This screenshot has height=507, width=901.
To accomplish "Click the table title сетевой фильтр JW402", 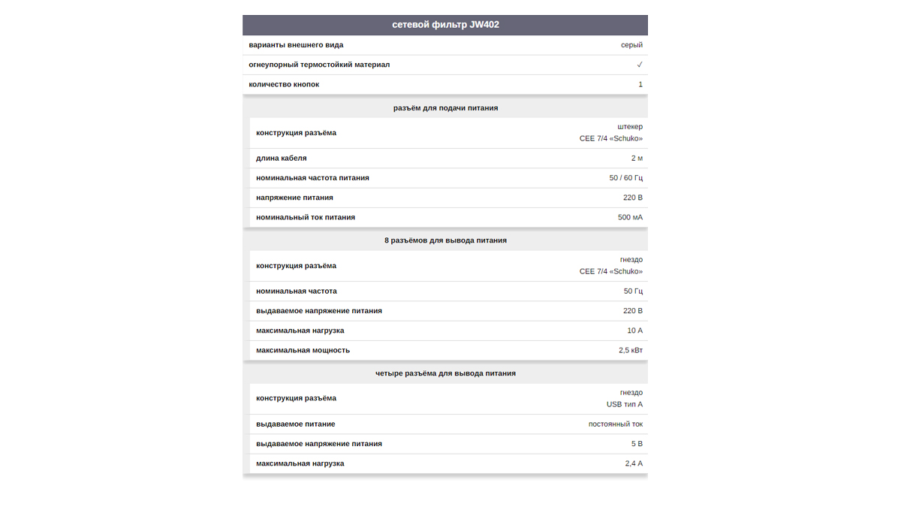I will [x=445, y=25].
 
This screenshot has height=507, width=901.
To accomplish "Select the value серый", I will [x=631, y=45].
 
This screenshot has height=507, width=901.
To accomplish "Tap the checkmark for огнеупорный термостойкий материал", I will [x=640, y=65].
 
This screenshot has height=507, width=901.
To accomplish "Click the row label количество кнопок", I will [x=284, y=84].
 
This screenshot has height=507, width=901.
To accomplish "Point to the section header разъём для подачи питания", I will [x=445, y=108].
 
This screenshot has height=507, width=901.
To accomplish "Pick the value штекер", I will [x=630, y=127].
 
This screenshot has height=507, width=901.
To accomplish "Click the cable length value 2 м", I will [x=637, y=158].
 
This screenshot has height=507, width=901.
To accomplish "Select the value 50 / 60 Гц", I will [x=626, y=178].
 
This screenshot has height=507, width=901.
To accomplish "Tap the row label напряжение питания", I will [x=294, y=198].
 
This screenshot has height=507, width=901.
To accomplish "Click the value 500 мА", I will [x=630, y=217].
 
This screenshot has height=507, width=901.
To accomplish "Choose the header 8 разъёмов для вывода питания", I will [x=445, y=240].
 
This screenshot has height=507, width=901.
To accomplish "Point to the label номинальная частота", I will [x=297, y=291].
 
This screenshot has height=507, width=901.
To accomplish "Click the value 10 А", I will [x=635, y=330].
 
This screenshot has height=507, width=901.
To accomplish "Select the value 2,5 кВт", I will [x=631, y=350].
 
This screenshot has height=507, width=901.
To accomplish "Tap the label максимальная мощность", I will [x=303, y=350].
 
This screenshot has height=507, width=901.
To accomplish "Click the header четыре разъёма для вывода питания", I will [x=445, y=373].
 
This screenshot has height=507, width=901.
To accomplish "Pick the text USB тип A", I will [x=625, y=404].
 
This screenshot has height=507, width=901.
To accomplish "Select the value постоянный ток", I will [x=616, y=424].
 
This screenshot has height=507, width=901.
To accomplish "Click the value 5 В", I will [x=637, y=444].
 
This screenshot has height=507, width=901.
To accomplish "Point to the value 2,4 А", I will [x=634, y=463].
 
